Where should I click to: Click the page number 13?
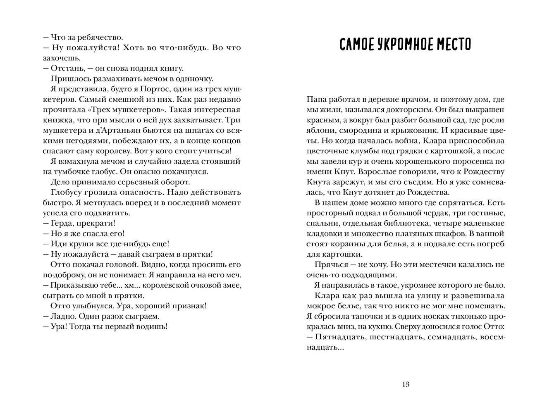(x=405, y=384)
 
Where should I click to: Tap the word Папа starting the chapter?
(x=316, y=99)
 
